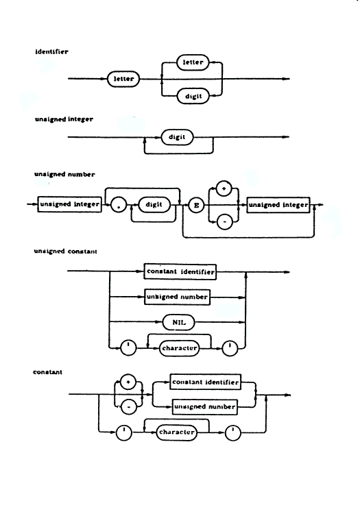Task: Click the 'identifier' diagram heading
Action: point(52,51)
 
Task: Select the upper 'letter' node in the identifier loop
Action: point(193,62)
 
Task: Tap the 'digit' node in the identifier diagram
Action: point(193,96)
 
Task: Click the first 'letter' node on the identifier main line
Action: point(123,79)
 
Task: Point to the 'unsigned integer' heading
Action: point(64,119)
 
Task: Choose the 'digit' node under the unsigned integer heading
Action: point(177,137)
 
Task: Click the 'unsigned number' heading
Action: point(64,174)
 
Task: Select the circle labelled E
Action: point(196,206)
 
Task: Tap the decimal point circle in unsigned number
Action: point(119,205)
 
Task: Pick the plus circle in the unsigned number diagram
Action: point(224,189)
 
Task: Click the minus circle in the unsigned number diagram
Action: point(225,222)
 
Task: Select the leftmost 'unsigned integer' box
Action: point(69,204)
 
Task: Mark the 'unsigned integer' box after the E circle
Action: point(278,205)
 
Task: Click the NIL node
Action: point(179,323)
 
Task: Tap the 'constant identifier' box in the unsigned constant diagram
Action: point(180,272)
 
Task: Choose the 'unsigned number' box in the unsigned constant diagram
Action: point(177,297)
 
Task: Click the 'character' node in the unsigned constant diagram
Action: point(180,348)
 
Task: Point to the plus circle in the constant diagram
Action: point(128,382)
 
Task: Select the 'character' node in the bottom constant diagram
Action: point(177,432)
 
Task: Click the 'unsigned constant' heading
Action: point(66,252)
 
